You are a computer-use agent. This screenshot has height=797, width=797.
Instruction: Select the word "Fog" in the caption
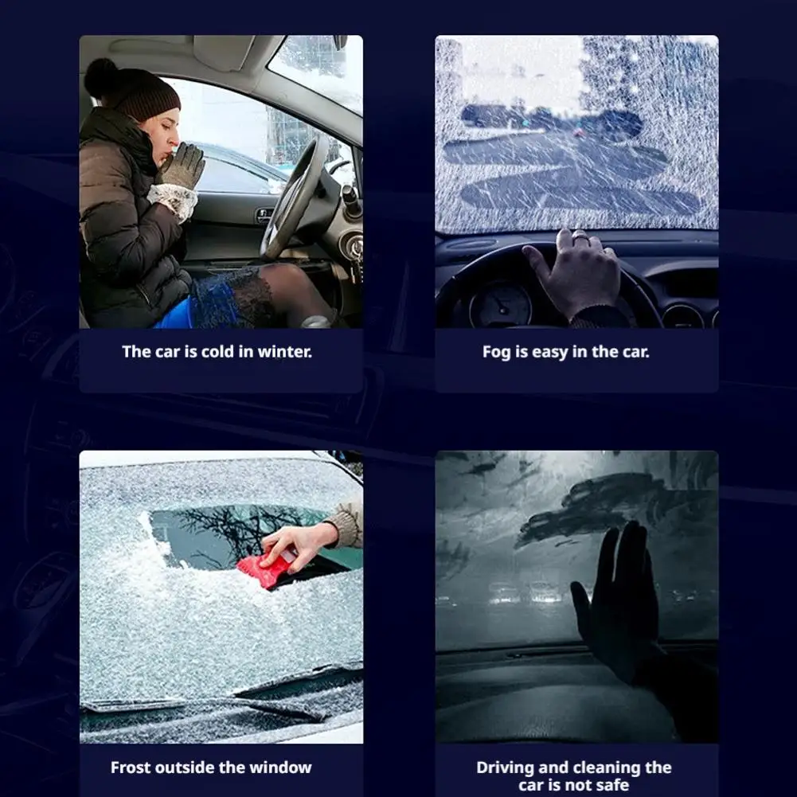point(497,351)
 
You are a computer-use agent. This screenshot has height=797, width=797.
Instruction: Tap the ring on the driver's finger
point(581,236)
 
